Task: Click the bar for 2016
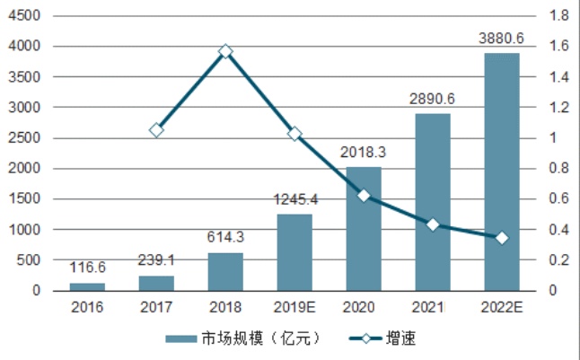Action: click(87, 286)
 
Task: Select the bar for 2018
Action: click(225, 271)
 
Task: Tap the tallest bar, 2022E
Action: click(502, 171)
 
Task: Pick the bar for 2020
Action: click(364, 228)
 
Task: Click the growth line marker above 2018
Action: click(226, 51)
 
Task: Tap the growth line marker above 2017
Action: click(156, 130)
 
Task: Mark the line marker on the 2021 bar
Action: click(433, 224)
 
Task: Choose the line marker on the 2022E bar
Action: click(502, 237)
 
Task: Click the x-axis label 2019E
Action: click(294, 308)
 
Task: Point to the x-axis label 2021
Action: click(433, 308)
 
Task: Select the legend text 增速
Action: click(401, 338)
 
